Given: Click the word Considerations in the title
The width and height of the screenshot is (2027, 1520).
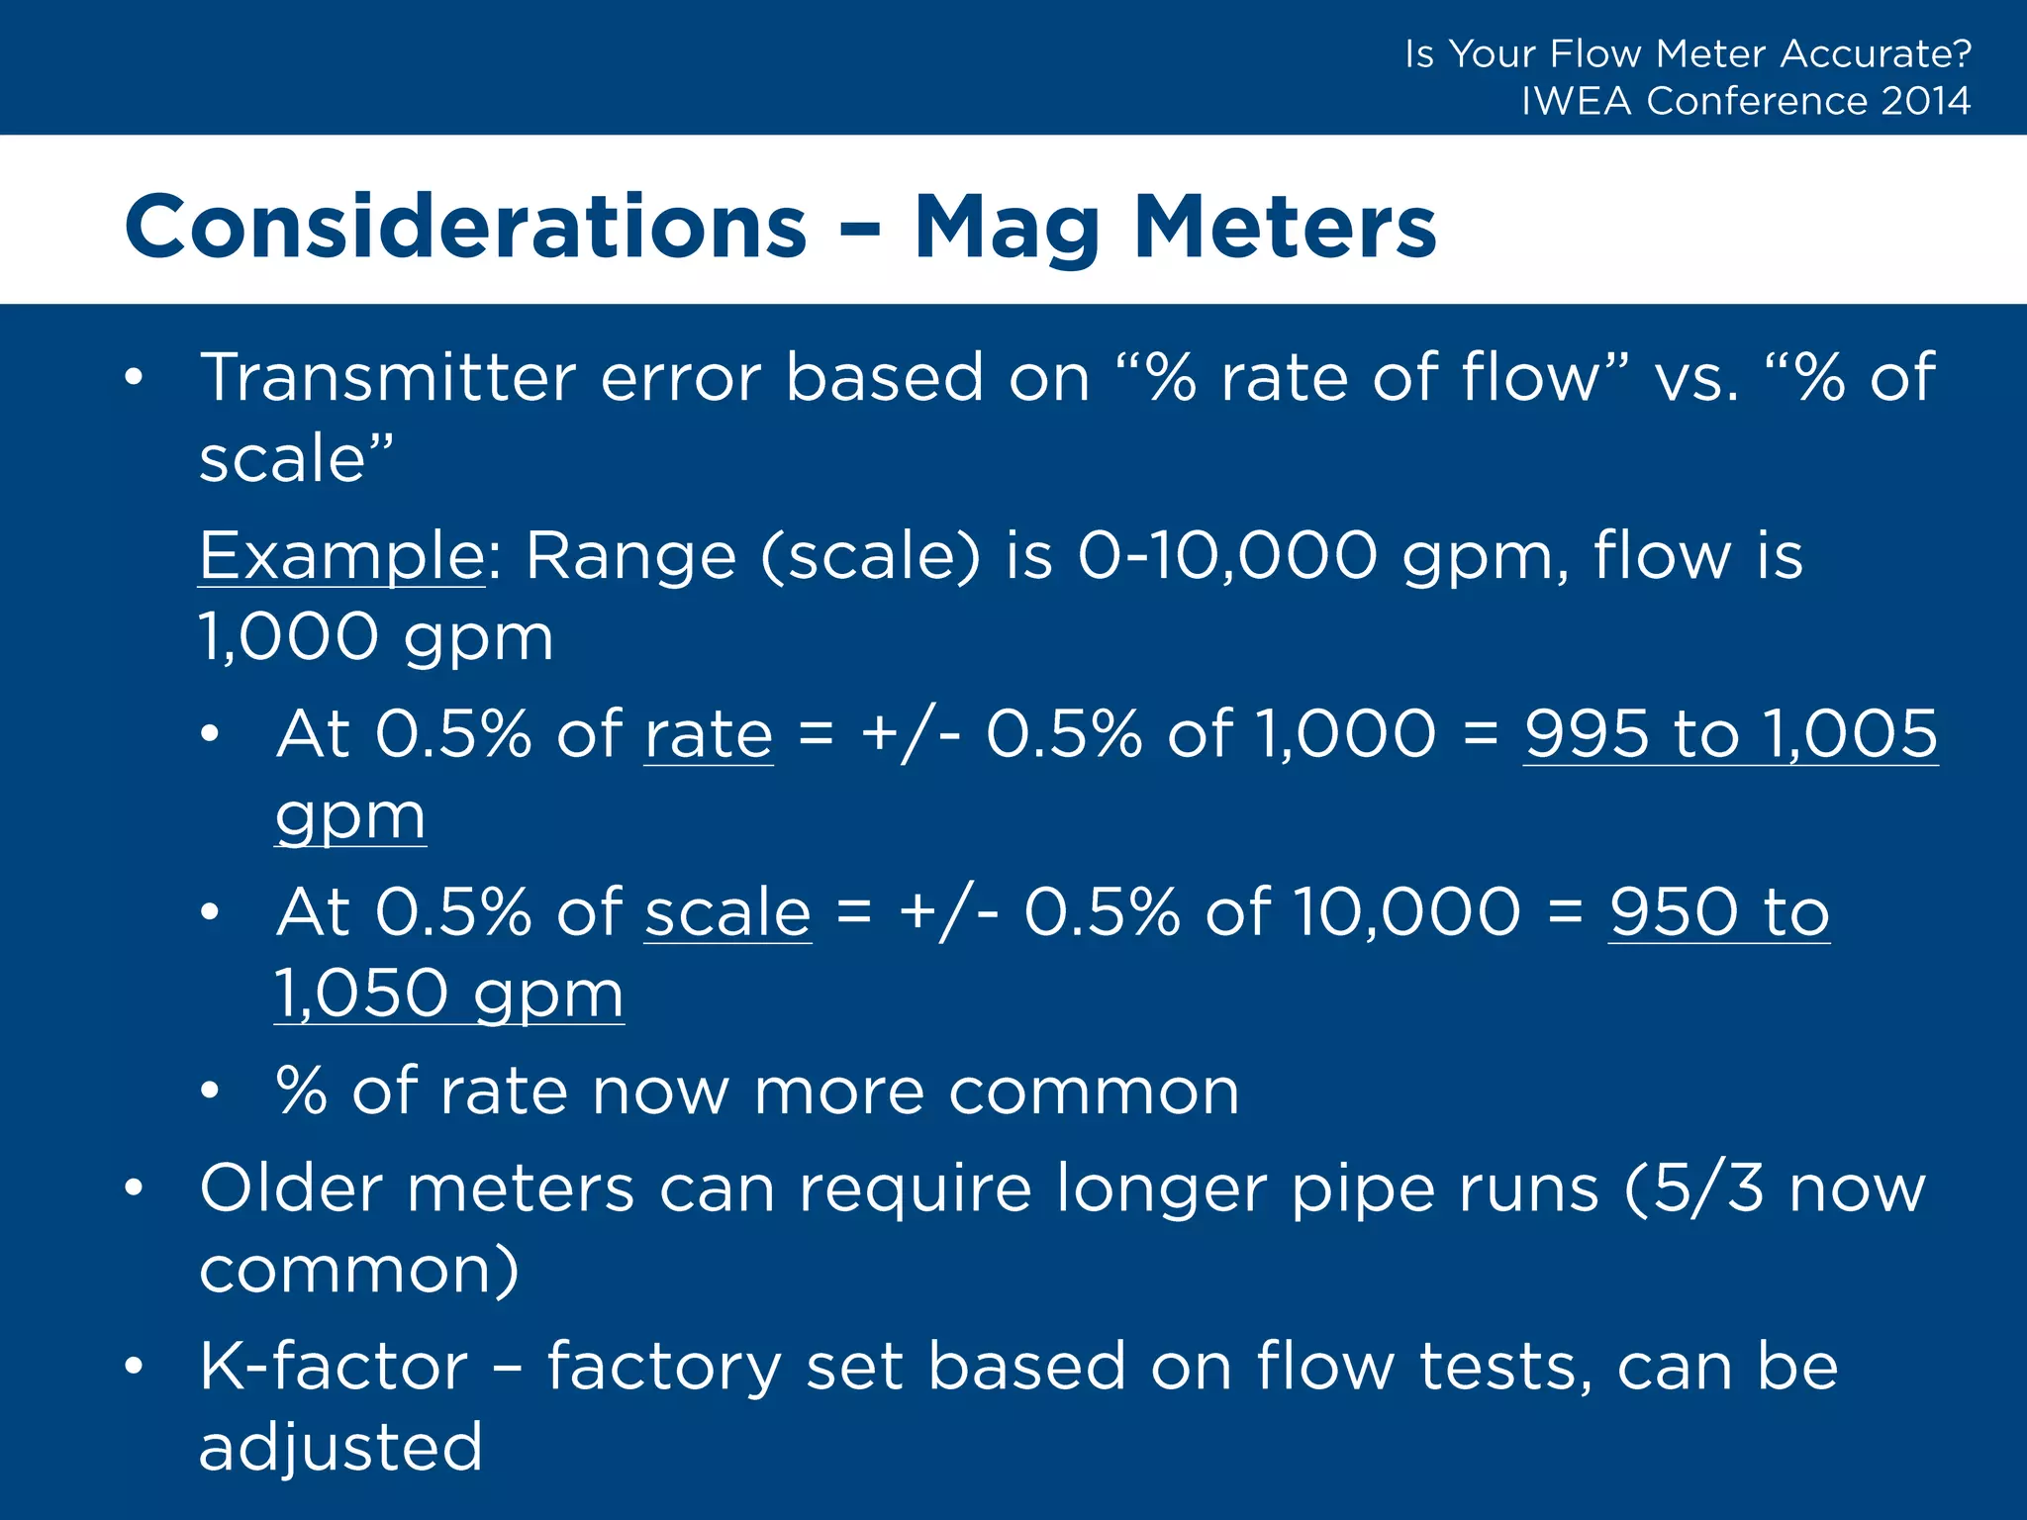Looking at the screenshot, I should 465,228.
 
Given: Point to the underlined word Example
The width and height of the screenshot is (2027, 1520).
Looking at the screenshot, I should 341,556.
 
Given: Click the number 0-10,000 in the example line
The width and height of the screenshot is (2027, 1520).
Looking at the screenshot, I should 1227,556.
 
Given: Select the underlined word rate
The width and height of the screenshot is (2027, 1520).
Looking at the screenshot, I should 708,735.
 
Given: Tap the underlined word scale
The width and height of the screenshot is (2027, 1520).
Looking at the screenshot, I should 727,912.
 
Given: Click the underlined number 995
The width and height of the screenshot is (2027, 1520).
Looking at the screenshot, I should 1587,735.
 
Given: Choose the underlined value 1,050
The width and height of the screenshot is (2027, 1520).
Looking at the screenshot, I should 361,994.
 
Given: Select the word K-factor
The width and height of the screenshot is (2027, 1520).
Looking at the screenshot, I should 334,1367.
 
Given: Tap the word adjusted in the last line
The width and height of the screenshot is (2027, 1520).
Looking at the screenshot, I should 340,1448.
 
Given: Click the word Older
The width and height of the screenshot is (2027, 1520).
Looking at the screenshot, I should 291,1188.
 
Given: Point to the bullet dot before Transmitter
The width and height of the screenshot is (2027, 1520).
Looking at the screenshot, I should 134,378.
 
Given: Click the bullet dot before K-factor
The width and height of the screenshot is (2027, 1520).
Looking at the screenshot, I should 134,1367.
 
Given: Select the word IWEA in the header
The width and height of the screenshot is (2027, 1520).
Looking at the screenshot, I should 1576,101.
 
